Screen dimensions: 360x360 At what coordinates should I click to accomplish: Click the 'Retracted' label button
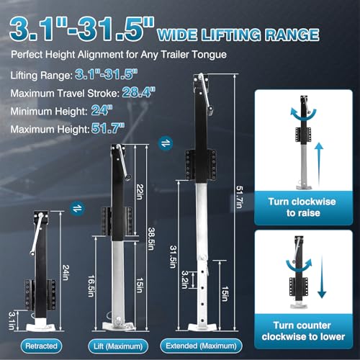(x=40, y=345)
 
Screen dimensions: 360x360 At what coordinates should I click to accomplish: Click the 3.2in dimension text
(x=185, y=276)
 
